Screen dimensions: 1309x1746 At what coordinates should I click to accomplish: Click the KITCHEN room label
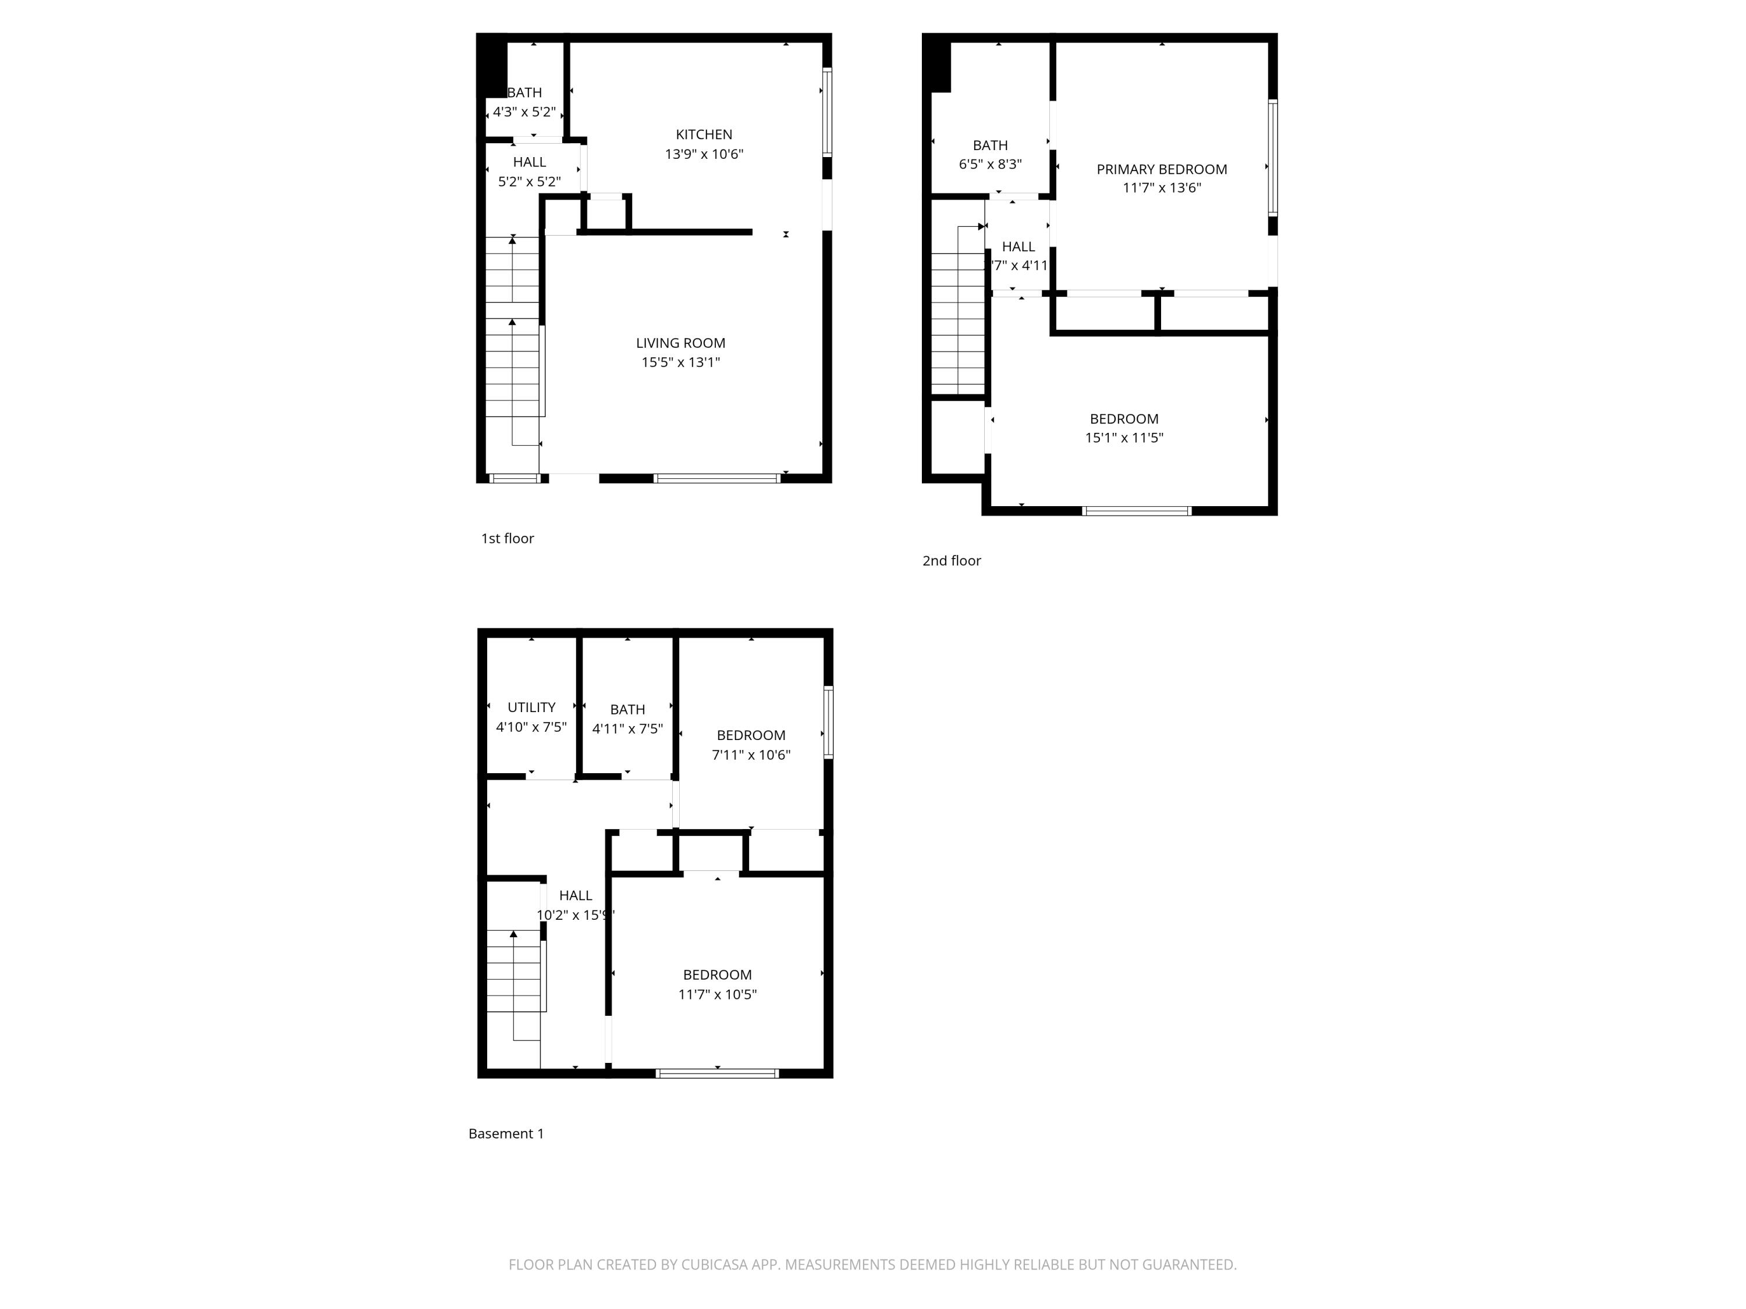pos(703,135)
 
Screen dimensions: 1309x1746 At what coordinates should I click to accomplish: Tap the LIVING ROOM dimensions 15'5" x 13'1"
pos(680,362)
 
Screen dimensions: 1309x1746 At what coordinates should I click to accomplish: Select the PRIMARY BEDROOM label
pos(1161,169)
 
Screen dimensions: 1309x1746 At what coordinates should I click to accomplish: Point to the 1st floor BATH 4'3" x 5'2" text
pos(524,102)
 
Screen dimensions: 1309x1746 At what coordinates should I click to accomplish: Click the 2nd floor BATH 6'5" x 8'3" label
pos(990,155)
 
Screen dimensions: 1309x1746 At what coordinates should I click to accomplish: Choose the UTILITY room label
pos(531,708)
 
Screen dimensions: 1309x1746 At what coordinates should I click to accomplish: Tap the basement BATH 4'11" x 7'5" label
pos(627,719)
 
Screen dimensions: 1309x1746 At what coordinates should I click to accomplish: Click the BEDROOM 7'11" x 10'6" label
pos(751,745)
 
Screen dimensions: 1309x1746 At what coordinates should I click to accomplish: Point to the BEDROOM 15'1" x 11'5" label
pos(1124,428)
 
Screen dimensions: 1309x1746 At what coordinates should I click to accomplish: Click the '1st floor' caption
pos(508,538)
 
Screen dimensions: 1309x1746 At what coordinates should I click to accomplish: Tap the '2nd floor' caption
pos(951,560)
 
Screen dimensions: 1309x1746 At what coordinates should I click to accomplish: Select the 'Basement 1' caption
pos(506,1133)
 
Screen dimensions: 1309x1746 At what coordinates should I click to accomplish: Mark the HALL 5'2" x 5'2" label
pos(529,171)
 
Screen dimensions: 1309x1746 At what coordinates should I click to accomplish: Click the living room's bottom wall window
pos(716,478)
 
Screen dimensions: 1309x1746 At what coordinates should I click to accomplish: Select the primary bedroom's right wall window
pos(1272,158)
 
